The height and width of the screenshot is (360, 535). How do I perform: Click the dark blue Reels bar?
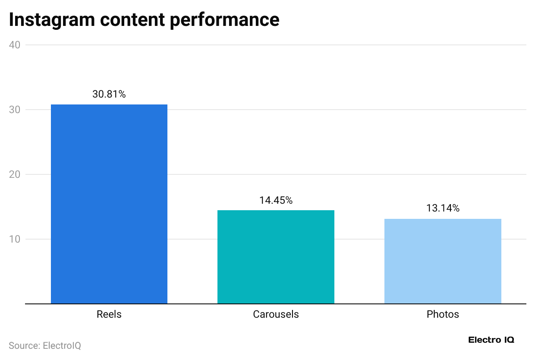coord(109,204)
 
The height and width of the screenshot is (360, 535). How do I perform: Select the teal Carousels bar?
coord(276,257)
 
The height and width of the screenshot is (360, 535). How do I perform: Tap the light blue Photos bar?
coord(443,261)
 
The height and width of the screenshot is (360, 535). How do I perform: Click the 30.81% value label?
coord(109,94)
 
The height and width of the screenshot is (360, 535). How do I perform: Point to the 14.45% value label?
coord(276,200)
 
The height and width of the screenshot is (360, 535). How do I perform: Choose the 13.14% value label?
coord(443,208)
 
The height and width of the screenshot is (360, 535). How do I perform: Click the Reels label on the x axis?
coord(109,314)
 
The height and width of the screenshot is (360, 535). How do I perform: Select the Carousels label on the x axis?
coord(276,314)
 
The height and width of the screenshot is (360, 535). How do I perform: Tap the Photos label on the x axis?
coord(443,314)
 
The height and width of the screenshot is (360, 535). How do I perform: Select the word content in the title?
coord(135,20)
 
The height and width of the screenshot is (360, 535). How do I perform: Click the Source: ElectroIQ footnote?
coord(45,346)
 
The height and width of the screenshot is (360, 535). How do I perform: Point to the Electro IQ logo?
coord(491,340)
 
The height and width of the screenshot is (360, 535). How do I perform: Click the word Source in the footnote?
coord(23,346)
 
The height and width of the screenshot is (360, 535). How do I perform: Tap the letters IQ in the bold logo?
coord(508,340)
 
